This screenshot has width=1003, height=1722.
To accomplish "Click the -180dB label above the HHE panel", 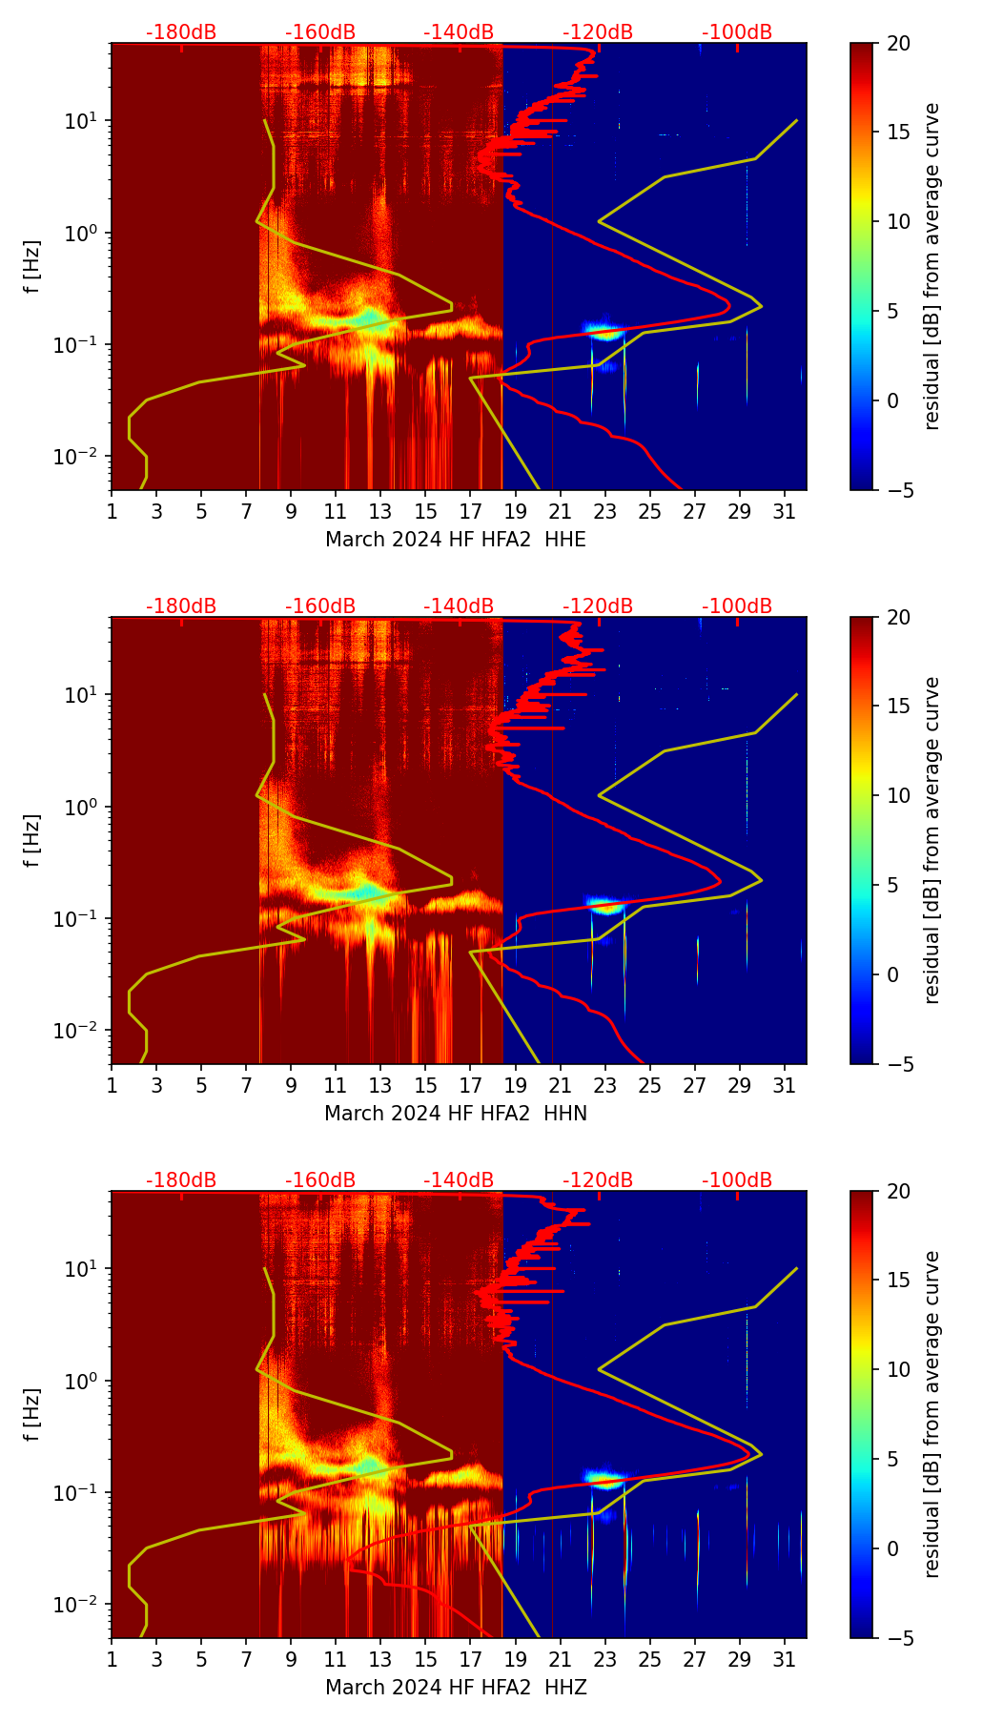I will pos(181,32).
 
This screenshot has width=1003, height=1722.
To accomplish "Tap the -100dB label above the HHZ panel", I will pos(737,1180).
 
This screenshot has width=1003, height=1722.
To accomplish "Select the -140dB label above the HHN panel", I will pos(459,606).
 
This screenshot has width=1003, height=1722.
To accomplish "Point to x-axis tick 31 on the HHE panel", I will pos(785,511).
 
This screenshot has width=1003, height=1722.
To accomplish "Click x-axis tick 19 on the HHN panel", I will pos(516,1085).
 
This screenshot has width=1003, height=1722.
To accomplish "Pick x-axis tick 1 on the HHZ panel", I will pos(112,1659).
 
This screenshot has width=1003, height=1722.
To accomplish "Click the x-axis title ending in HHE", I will pos(456,540).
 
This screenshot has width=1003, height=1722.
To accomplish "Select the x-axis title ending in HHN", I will pos(456,1114).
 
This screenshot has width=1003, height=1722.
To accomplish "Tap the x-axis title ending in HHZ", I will pos(456,1688).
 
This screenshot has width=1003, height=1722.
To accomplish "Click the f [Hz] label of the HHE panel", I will pos(32,267).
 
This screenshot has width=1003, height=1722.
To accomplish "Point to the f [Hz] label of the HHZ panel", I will pos(32,1415).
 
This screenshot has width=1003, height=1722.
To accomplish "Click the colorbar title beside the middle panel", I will pos(931,840).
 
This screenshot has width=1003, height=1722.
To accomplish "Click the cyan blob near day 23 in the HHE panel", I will pos(604,332).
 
